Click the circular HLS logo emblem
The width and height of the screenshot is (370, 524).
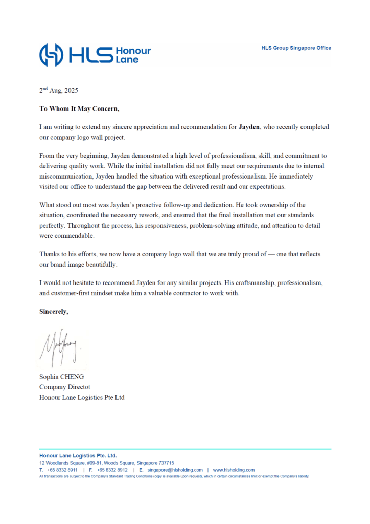(52, 55)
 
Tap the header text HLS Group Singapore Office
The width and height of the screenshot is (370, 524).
(296, 48)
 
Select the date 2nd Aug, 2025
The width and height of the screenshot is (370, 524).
(59, 90)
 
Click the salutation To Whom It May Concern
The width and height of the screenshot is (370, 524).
(79, 108)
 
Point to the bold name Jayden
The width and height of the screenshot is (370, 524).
(249, 127)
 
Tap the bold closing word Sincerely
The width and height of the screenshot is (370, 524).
(54, 311)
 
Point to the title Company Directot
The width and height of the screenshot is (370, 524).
(64, 387)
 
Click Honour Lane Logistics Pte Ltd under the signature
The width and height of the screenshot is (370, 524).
(82, 397)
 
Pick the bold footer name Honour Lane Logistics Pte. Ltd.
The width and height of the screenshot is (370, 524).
(78, 455)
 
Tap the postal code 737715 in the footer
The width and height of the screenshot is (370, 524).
(166, 463)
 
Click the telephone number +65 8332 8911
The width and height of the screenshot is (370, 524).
(62, 470)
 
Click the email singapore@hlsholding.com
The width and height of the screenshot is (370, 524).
(175, 470)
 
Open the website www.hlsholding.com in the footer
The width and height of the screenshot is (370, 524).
(234, 470)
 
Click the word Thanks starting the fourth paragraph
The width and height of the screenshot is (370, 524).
(49, 254)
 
